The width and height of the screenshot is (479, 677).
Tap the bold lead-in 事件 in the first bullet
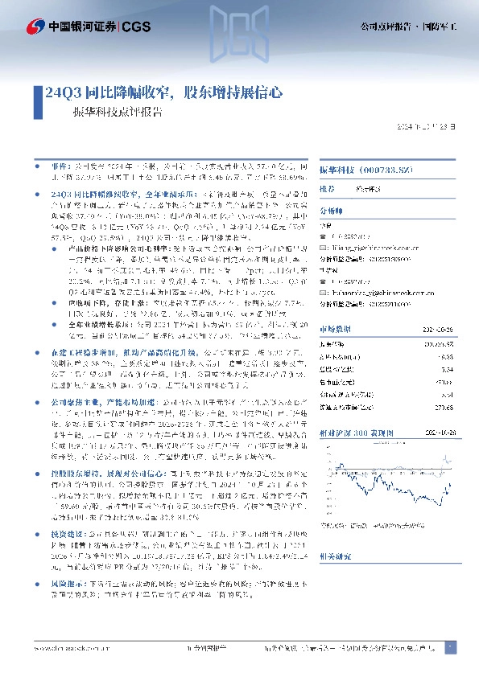tap(59, 161)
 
